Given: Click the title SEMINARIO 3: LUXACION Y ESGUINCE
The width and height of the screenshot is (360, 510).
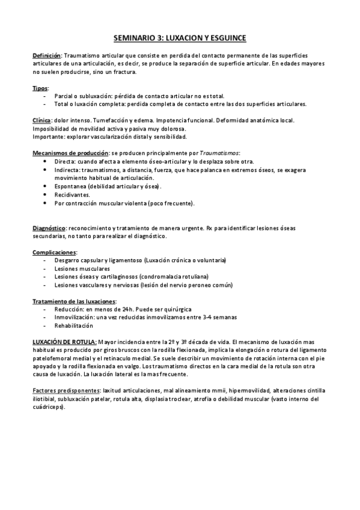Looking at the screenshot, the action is click(x=180, y=38).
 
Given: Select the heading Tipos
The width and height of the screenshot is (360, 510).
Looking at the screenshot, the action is click(x=40, y=88).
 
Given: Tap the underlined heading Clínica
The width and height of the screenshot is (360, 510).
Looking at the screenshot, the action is click(x=41, y=120).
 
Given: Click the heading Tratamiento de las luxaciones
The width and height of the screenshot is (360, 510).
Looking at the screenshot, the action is click(x=74, y=300).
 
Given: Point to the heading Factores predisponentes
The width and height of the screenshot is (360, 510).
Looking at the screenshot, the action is click(x=67, y=390).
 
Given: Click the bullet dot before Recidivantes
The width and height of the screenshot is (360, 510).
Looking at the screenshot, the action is click(x=47, y=195).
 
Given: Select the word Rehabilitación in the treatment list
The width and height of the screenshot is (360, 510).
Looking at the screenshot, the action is click(x=74, y=325).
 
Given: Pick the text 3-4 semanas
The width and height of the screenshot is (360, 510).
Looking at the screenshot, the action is click(x=220, y=317).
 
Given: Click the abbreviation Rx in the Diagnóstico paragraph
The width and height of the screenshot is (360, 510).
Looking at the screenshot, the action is click(x=210, y=228).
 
